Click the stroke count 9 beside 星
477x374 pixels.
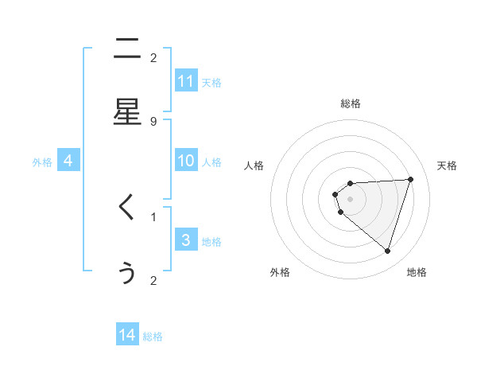(153, 121)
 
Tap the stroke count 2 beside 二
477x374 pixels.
(153, 57)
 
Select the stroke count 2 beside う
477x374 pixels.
(153, 280)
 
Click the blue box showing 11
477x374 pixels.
(186, 81)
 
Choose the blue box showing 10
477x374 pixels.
(186, 161)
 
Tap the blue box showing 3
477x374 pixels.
(186, 240)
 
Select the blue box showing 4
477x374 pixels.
(68, 161)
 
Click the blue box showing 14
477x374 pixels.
(127, 336)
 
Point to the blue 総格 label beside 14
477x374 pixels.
(153, 337)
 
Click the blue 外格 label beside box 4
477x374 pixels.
(42, 162)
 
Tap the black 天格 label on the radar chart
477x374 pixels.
(448, 166)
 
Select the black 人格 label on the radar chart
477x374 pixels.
(254, 166)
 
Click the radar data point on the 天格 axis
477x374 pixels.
(410, 179)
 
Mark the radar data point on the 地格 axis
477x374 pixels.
(387, 251)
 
